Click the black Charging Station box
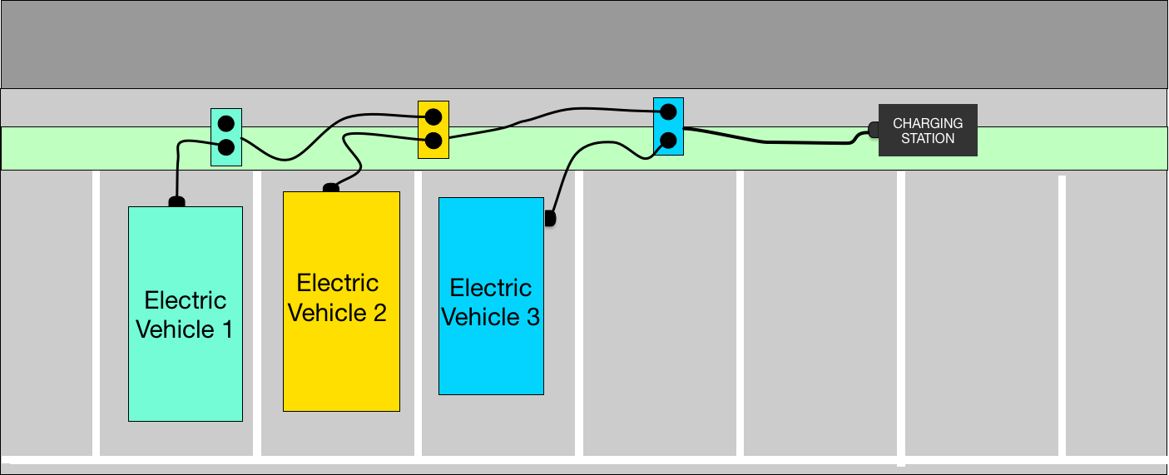(928, 130)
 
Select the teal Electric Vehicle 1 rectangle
(185, 374)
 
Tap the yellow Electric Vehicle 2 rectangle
(341, 366)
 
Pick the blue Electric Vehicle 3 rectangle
(491, 358)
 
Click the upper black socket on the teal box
(225, 125)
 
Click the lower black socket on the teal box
(225, 148)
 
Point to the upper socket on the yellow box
(433, 116)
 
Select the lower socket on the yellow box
(433, 140)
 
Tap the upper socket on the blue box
(668, 111)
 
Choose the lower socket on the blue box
(668, 139)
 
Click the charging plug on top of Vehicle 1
(176, 201)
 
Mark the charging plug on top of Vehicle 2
(330, 188)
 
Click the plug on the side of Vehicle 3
(549, 218)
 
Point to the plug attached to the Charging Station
(873, 130)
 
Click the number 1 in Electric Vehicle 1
(225, 329)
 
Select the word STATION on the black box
(928, 138)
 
